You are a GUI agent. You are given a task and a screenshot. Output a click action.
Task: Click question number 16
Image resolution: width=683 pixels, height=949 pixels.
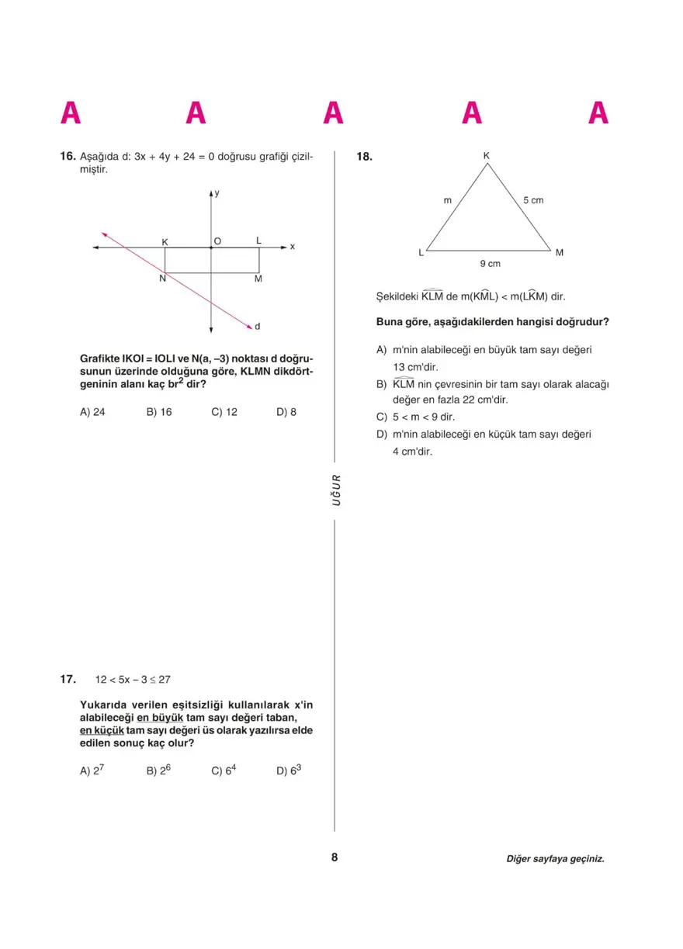[68, 157]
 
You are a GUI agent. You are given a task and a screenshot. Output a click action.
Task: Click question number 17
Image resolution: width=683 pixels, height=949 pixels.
[68, 679]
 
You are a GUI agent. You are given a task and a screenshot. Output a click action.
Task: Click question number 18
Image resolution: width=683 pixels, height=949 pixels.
[364, 157]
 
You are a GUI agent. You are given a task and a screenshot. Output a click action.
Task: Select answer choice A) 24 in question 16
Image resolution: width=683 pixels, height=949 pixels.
[92, 412]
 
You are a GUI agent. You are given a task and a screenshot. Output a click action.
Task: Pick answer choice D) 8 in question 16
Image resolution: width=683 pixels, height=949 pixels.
[286, 412]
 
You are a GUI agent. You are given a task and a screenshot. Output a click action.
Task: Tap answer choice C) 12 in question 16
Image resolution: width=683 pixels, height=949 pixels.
[224, 412]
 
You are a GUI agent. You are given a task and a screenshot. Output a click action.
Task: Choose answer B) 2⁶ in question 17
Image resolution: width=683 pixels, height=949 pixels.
[158, 771]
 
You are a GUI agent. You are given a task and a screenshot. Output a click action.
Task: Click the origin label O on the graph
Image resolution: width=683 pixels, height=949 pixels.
[217, 241]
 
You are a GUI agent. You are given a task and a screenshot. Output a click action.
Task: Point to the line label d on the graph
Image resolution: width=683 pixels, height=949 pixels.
[258, 327]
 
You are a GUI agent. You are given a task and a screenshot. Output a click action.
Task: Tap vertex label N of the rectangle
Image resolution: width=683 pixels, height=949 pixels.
[162, 279]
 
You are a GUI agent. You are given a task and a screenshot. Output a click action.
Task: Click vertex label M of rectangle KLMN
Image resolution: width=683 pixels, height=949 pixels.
[258, 279]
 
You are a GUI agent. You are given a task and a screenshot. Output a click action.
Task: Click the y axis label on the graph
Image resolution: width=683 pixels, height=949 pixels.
[217, 192]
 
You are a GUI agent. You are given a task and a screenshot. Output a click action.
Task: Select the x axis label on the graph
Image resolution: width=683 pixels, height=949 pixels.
[293, 247]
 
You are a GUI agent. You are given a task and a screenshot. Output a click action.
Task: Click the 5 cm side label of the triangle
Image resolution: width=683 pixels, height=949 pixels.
[533, 200]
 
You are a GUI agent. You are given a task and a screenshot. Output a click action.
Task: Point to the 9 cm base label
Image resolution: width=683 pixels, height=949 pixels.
[490, 264]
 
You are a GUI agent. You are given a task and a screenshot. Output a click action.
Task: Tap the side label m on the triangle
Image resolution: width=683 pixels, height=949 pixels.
[447, 200]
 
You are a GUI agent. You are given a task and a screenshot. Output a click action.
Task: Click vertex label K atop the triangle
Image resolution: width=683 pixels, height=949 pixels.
[487, 156]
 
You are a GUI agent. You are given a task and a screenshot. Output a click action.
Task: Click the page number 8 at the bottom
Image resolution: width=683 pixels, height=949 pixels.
[335, 857]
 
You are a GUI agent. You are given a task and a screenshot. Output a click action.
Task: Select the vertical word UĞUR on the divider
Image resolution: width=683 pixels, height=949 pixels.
[336, 490]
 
